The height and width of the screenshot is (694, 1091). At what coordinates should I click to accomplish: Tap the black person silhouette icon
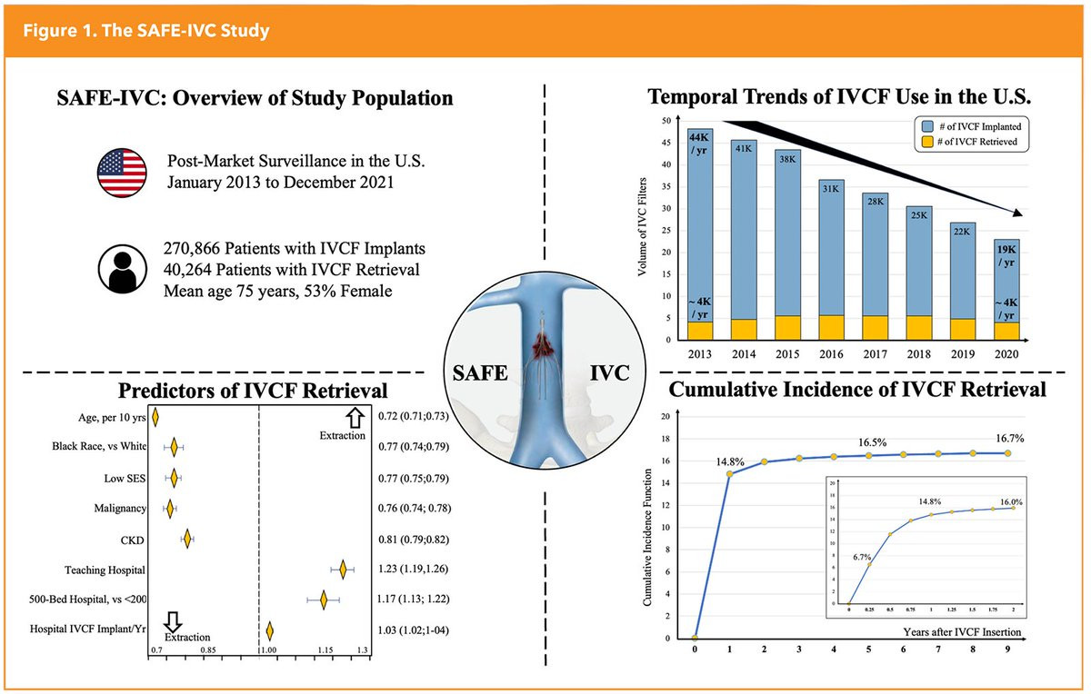[123, 266]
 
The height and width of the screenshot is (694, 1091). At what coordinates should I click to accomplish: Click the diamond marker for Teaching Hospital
[343, 570]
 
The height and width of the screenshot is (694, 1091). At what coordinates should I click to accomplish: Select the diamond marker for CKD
[187, 540]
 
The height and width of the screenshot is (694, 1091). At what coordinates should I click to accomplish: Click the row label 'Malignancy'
[115, 509]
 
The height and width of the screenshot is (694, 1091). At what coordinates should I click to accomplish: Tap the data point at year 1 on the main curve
[729, 473]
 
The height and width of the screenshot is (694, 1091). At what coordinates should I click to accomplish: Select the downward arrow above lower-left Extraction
[173, 620]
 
